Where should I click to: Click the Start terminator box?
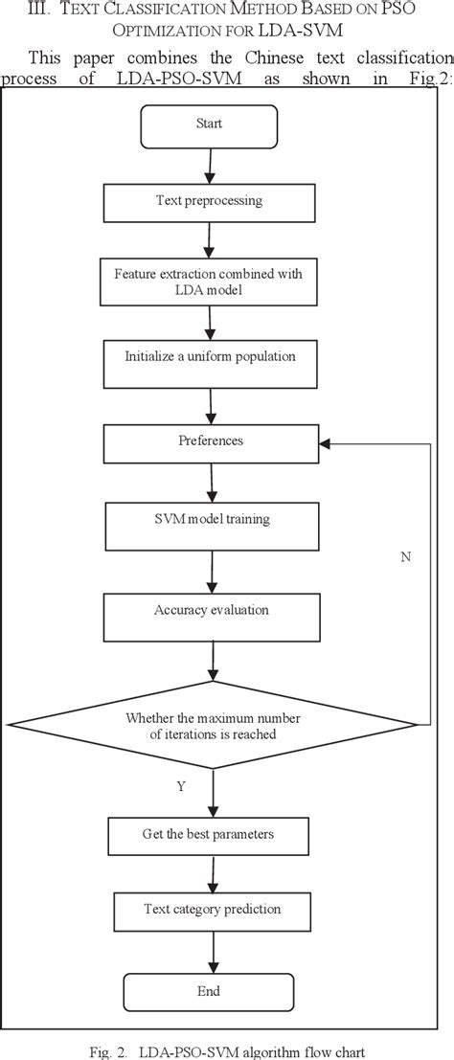pyautogui.click(x=209, y=124)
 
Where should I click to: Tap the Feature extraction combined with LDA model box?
pyautogui.click(x=210, y=282)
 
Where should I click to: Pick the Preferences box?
pyautogui.click(x=210, y=442)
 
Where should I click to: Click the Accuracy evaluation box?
pyautogui.click(x=210, y=609)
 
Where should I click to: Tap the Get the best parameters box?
pyautogui.click(x=210, y=835)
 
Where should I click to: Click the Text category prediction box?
pyautogui.click(x=210, y=910)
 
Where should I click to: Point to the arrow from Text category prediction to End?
pyautogui.click(x=210, y=951)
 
